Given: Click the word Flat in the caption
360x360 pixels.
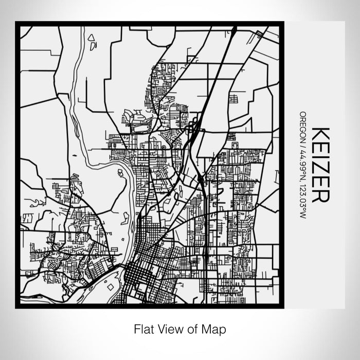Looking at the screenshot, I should [143, 328].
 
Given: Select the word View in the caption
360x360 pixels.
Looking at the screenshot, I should [168, 328].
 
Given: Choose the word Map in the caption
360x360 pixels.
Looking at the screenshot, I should [212, 328].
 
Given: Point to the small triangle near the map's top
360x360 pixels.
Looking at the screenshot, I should [92, 38].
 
